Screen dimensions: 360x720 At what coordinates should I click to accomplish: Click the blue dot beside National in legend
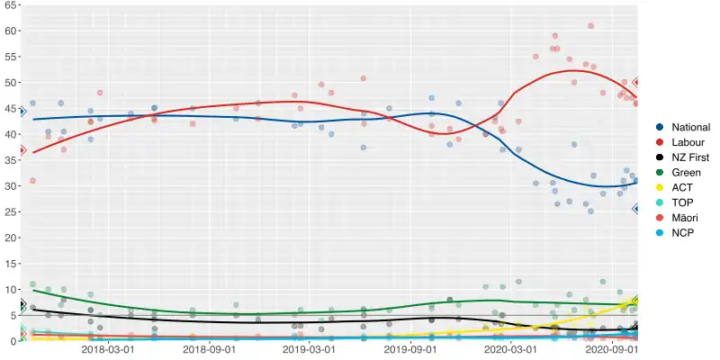click(660, 128)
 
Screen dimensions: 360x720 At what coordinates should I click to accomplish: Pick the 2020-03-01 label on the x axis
click(511, 350)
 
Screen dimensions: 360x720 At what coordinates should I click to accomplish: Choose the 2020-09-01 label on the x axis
click(613, 350)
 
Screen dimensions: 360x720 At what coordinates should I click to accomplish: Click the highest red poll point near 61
click(590, 26)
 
